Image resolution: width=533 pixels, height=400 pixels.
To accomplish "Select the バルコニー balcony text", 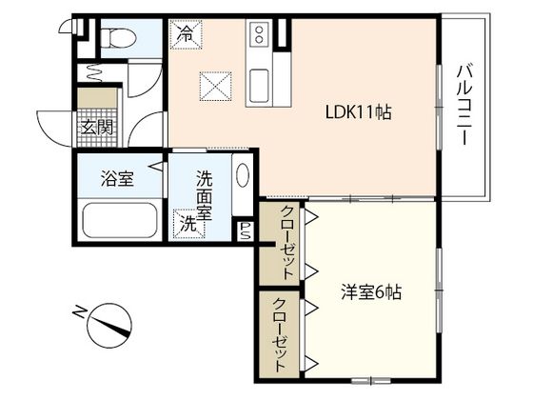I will coord(465,105).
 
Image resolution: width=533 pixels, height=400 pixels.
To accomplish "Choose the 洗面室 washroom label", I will coord(205,194).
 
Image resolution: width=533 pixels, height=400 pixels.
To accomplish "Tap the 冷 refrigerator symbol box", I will coord(185,34).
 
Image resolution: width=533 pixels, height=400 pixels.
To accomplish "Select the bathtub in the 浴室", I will coord(118,219).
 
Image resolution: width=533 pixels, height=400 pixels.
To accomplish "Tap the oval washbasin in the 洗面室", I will coord(243,179).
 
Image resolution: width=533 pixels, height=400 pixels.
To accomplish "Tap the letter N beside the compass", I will coord(79,310).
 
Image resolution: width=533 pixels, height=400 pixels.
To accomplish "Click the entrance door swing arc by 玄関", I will coord(52,129).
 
